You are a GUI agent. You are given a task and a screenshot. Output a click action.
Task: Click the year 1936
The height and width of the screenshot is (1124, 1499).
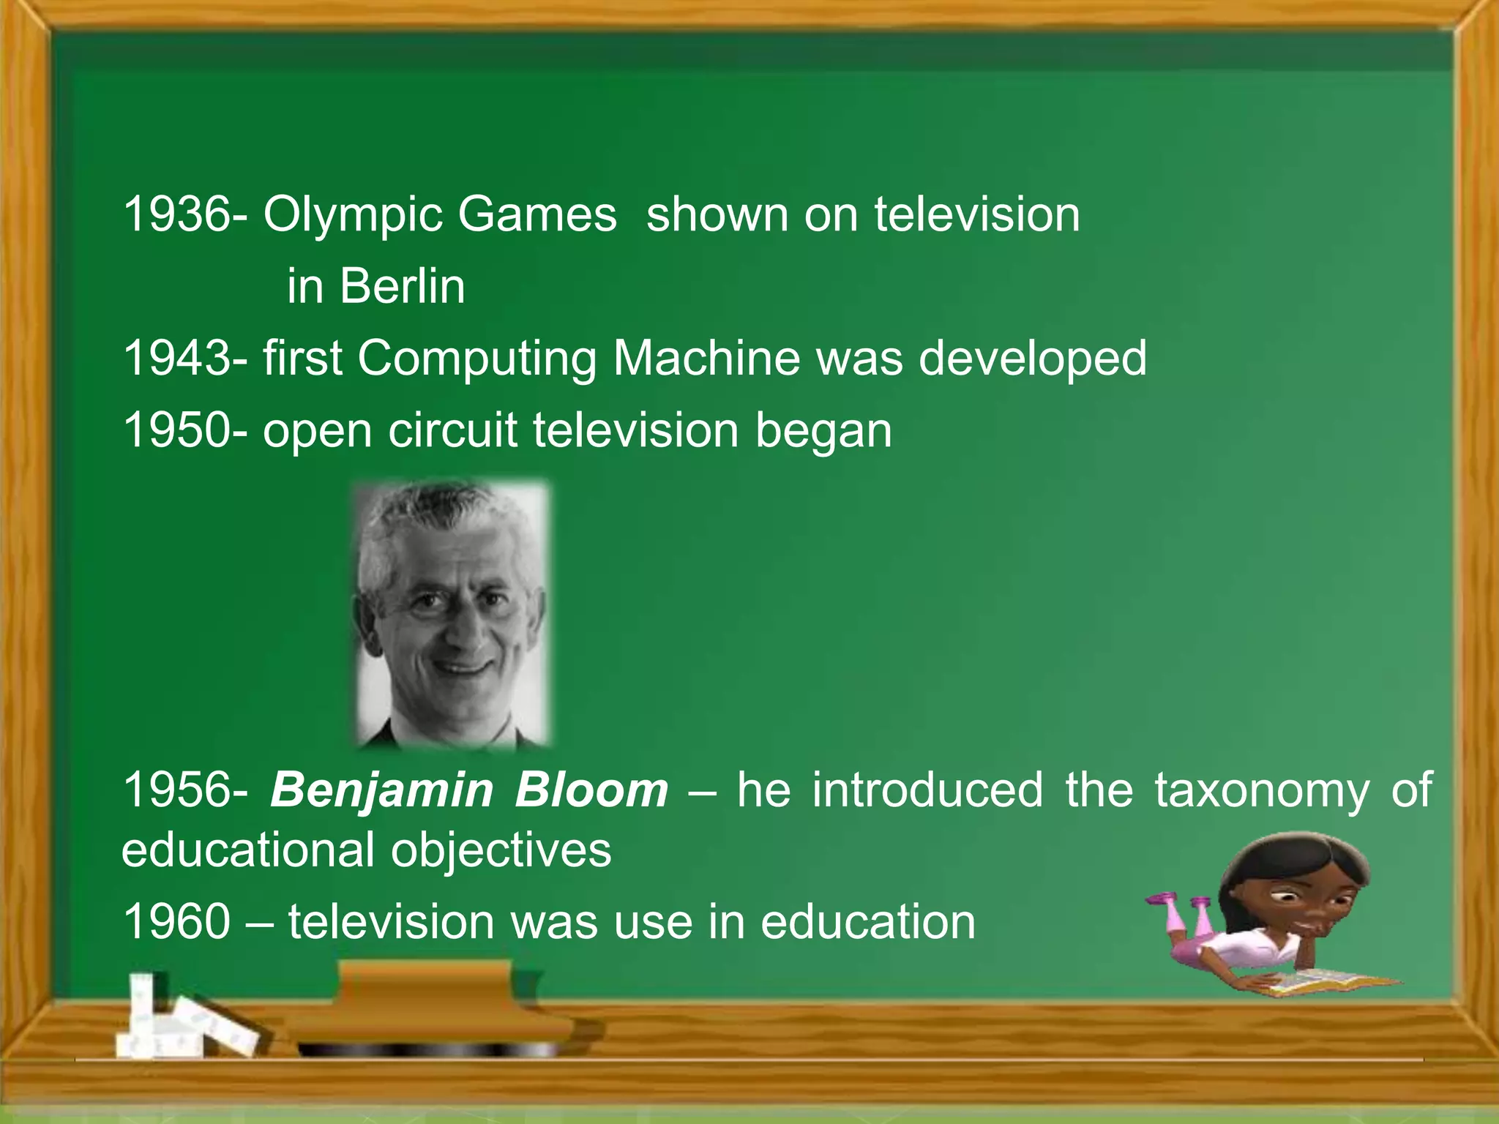(x=176, y=215)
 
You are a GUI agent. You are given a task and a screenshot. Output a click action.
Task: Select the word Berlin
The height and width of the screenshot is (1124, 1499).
(x=402, y=286)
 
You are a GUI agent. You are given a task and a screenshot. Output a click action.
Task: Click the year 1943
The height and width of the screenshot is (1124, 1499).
(x=176, y=359)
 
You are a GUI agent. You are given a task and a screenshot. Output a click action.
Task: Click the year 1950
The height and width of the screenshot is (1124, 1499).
(x=176, y=430)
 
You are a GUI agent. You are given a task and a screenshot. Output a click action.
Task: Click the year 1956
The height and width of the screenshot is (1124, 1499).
(x=176, y=791)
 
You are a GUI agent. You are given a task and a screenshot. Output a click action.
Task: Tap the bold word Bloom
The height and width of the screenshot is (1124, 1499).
(x=591, y=791)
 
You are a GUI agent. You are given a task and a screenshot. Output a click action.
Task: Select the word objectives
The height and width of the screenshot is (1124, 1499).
(x=501, y=851)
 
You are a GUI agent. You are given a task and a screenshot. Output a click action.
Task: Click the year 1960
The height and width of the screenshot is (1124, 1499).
(x=176, y=922)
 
